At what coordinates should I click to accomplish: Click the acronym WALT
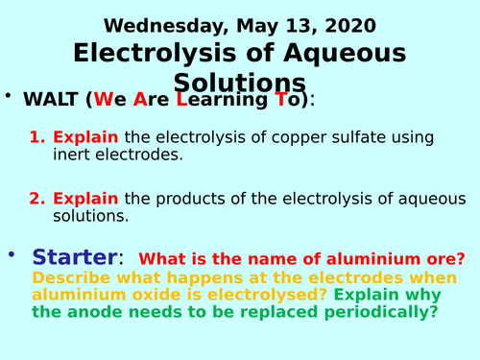coord(52,100)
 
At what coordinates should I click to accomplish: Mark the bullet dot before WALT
coord(9,97)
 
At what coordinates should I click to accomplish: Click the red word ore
coord(448,259)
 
